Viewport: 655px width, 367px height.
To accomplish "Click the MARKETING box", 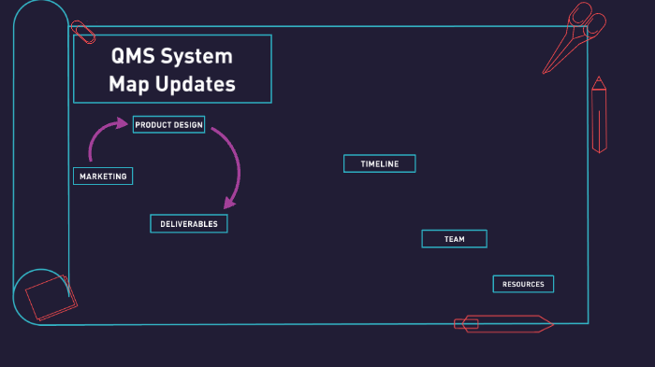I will click(x=103, y=176).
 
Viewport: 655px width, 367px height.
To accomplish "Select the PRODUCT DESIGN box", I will click(x=168, y=124).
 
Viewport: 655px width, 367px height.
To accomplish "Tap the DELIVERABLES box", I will click(x=188, y=223).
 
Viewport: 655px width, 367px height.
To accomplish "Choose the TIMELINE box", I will click(x=379, y=163).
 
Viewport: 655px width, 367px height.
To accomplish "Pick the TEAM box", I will click(x=454, y=239).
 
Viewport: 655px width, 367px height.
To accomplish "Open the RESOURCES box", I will click(x=523, y=284).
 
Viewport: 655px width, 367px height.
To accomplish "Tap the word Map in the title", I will click(x=127, y=84).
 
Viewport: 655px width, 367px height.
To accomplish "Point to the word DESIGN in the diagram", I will click(x=184, y=124).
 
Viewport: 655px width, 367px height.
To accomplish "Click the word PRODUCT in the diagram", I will click(x=151, y=124).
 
